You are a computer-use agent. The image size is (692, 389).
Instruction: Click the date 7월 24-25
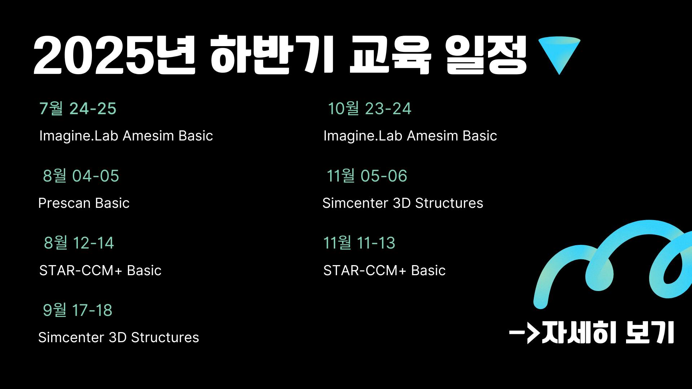(x=78, y=108)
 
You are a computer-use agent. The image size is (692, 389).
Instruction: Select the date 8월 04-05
(x=81, y=176)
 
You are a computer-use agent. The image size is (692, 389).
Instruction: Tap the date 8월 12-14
(x=79, y=243)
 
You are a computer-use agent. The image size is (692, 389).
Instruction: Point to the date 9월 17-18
(x=77, y=310)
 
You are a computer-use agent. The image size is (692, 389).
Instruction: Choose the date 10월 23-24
(x=369, y=108)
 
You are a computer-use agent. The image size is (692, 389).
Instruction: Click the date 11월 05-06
(x=367, y=176)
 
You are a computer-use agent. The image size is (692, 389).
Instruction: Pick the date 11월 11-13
(x=359, y=243)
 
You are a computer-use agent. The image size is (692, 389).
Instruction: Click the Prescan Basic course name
(x=84, y=203)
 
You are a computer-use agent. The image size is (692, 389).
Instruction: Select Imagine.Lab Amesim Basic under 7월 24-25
(x=126, y=136)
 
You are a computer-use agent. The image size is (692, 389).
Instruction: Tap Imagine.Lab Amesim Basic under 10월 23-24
(x=410, y=136)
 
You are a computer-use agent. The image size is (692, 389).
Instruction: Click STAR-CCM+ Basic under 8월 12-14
(x=100, y=270)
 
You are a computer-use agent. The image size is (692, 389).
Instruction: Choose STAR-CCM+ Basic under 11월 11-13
(x=385, y=270)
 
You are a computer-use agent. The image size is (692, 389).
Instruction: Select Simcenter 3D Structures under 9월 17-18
(x=119, y=337)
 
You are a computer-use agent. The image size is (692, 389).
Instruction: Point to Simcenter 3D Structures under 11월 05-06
(x=403, y=203)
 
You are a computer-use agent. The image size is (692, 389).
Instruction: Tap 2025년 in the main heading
(x=114, y=55)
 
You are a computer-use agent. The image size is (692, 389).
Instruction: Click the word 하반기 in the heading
(x=272, y=55)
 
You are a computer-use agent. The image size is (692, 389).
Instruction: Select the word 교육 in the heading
(x=390, y=55)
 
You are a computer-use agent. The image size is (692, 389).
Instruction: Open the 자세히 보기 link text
(x=608, y=332)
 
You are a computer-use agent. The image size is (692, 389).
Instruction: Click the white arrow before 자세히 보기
(x=524, y=332)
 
